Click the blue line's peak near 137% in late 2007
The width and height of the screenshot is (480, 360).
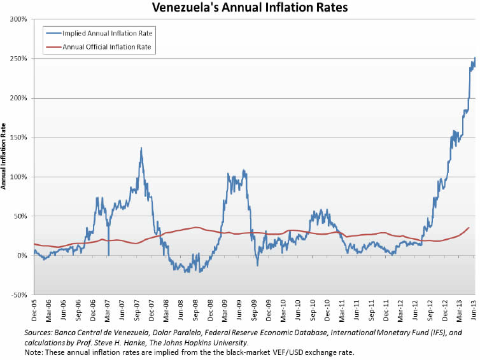(x=141, y=148)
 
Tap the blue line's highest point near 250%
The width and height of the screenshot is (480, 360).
(x=474, y=59)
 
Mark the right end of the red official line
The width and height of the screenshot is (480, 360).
(x=469, y=228)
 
